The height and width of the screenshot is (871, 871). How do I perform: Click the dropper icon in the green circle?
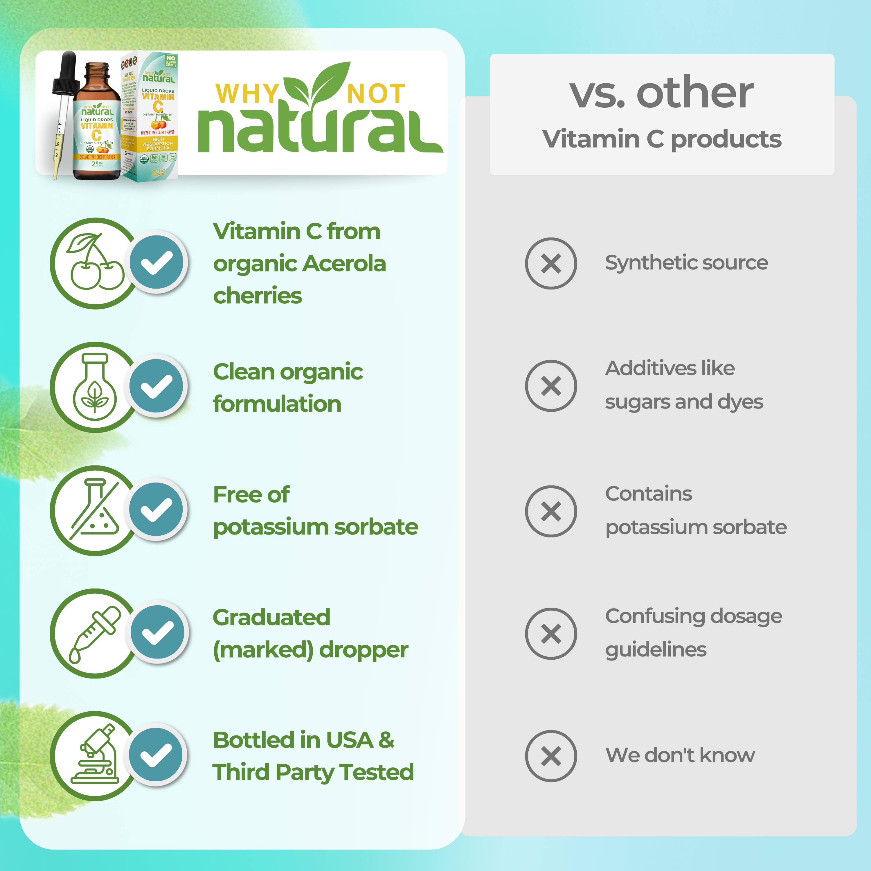pos(95,634)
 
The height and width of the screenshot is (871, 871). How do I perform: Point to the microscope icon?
pos(96,756)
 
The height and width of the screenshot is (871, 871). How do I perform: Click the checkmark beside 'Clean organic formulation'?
pos(157,386)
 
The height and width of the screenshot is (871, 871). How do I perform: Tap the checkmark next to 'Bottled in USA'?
pos(156,755)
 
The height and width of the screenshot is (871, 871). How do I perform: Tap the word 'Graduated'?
pos(271,618)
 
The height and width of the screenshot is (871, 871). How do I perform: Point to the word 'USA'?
pos(349,740)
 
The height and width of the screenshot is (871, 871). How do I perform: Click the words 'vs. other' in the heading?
pos(661,93)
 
